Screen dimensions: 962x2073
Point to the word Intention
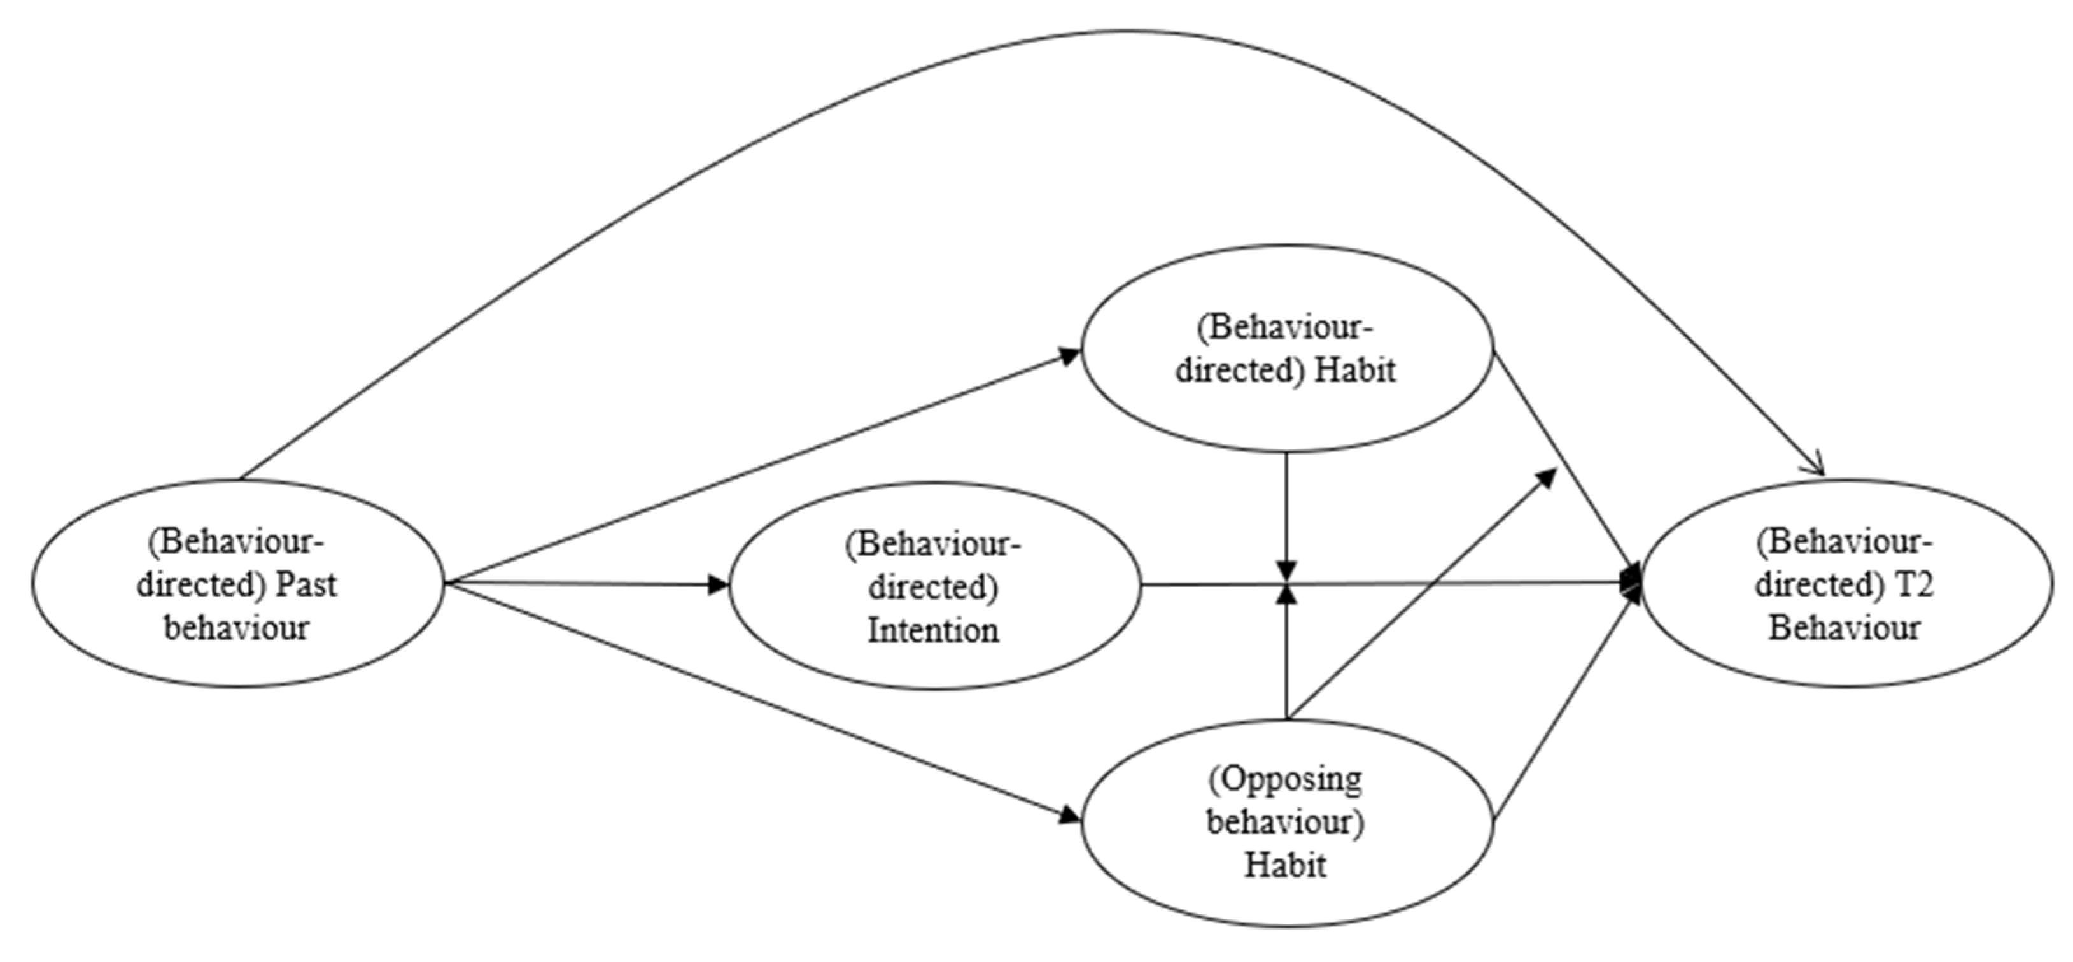pyautogui.click(x=934, y=630)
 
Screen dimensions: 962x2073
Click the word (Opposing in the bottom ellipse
pyautogui.click(x=1285, y=779)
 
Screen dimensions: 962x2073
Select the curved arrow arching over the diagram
pyautogui.click(x=1111, y=32)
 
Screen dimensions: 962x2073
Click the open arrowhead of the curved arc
pyautogui.click(x=1817, y=469)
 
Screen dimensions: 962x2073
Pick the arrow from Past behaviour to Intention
pyautogui.click(x=579, y=584)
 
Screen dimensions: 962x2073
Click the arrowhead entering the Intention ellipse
pyautogui.click(x=718, y=584)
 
